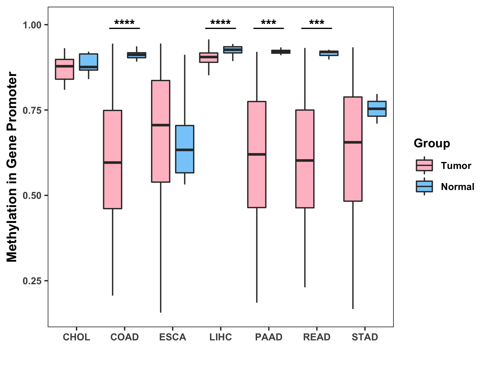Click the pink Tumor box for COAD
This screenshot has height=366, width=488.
113,160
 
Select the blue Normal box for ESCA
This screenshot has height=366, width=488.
185,149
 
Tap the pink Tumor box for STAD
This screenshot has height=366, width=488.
353,149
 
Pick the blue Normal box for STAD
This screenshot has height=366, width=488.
377,109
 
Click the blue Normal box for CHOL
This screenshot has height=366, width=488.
88,62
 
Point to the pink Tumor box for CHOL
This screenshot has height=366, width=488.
64,69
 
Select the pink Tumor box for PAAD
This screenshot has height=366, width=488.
257,154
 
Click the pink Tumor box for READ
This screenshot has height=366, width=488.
305,159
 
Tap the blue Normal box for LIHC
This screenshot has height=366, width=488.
233,50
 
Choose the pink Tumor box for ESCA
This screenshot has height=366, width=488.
161,131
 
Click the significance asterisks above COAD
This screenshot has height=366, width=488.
124,23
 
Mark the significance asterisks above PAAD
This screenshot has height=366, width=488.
269,23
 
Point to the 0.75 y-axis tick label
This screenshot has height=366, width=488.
32,110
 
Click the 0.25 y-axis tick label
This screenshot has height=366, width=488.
32,281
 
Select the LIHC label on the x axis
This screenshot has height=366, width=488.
221,337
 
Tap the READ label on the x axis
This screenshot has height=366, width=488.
317,337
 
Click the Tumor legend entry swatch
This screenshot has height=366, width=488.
424,166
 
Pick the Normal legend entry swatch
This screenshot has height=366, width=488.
424,186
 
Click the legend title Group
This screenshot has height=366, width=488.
432,143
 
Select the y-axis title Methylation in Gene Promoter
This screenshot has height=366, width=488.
12,167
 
